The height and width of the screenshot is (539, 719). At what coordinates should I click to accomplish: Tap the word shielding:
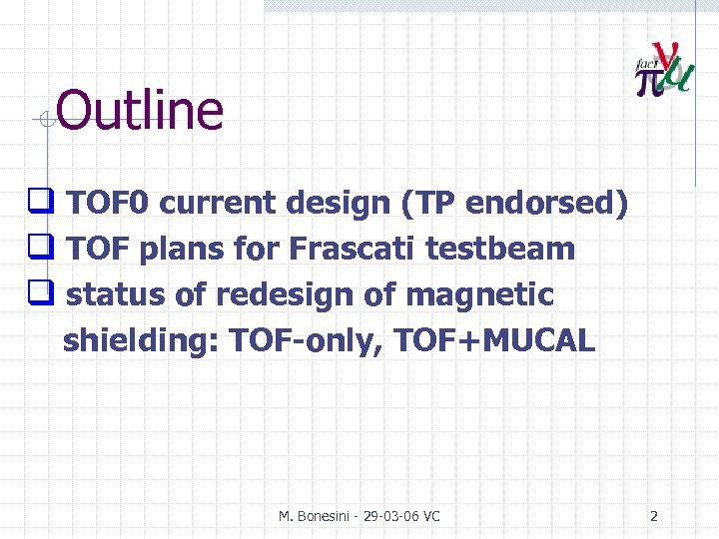coord(141,341)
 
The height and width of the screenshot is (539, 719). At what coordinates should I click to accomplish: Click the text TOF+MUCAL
coord(495,341)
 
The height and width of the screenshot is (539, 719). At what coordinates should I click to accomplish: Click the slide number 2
coord(654,516)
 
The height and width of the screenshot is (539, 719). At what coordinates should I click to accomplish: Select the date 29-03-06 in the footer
coord(389,516)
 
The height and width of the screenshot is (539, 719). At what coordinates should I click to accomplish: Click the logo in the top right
coord(664,70)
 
